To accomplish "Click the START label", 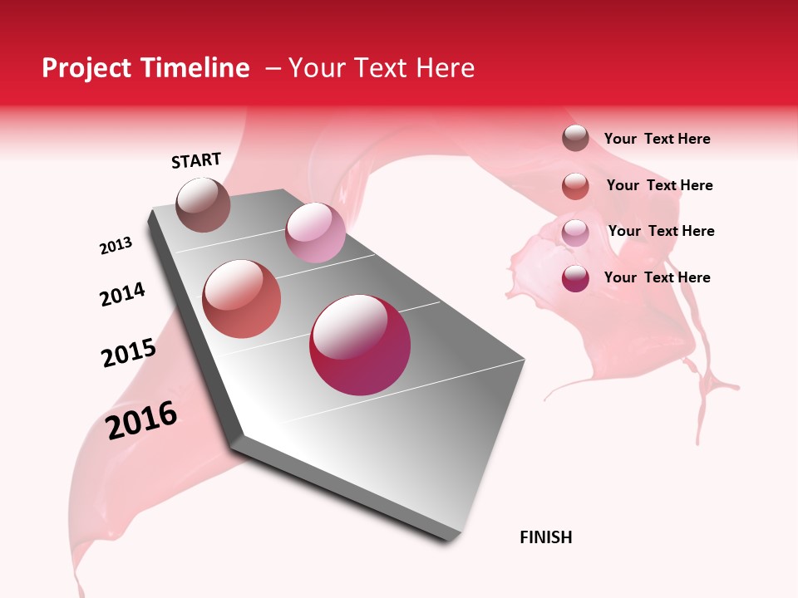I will [x=196, y=160].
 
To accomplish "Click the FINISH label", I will [x=546, y=537].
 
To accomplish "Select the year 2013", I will [x=116, y=246].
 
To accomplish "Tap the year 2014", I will [x=122, y=295].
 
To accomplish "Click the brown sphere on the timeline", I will [x=204, y=204].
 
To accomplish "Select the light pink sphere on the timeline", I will [x=315, y=233].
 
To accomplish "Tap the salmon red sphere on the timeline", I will [x=242, y=299].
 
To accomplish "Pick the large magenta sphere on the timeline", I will [x=360, y=345].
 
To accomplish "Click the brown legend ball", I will [x=575, y=138].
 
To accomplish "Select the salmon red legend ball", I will [x=575, y=185].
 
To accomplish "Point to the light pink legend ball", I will [x=575, y=232].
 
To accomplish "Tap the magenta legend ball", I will [x=575, y=278].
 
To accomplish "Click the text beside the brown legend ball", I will [x=657, y=140].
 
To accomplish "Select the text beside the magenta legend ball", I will [x=657, y=277].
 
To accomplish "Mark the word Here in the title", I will [x=445, y=68].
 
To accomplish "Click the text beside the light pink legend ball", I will [x=661, y=231].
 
